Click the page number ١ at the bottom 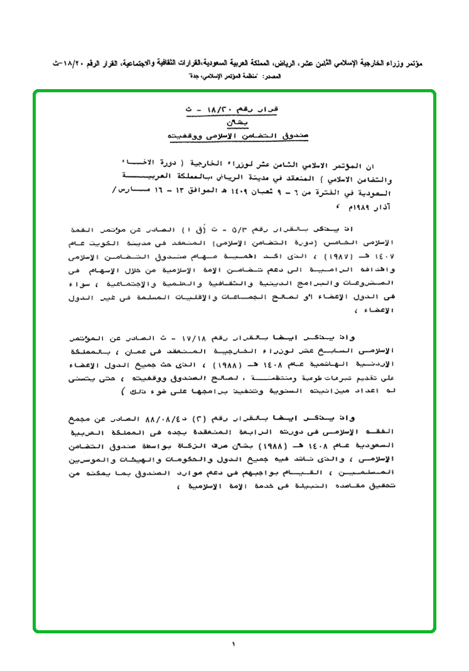click(x=233, y=645)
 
